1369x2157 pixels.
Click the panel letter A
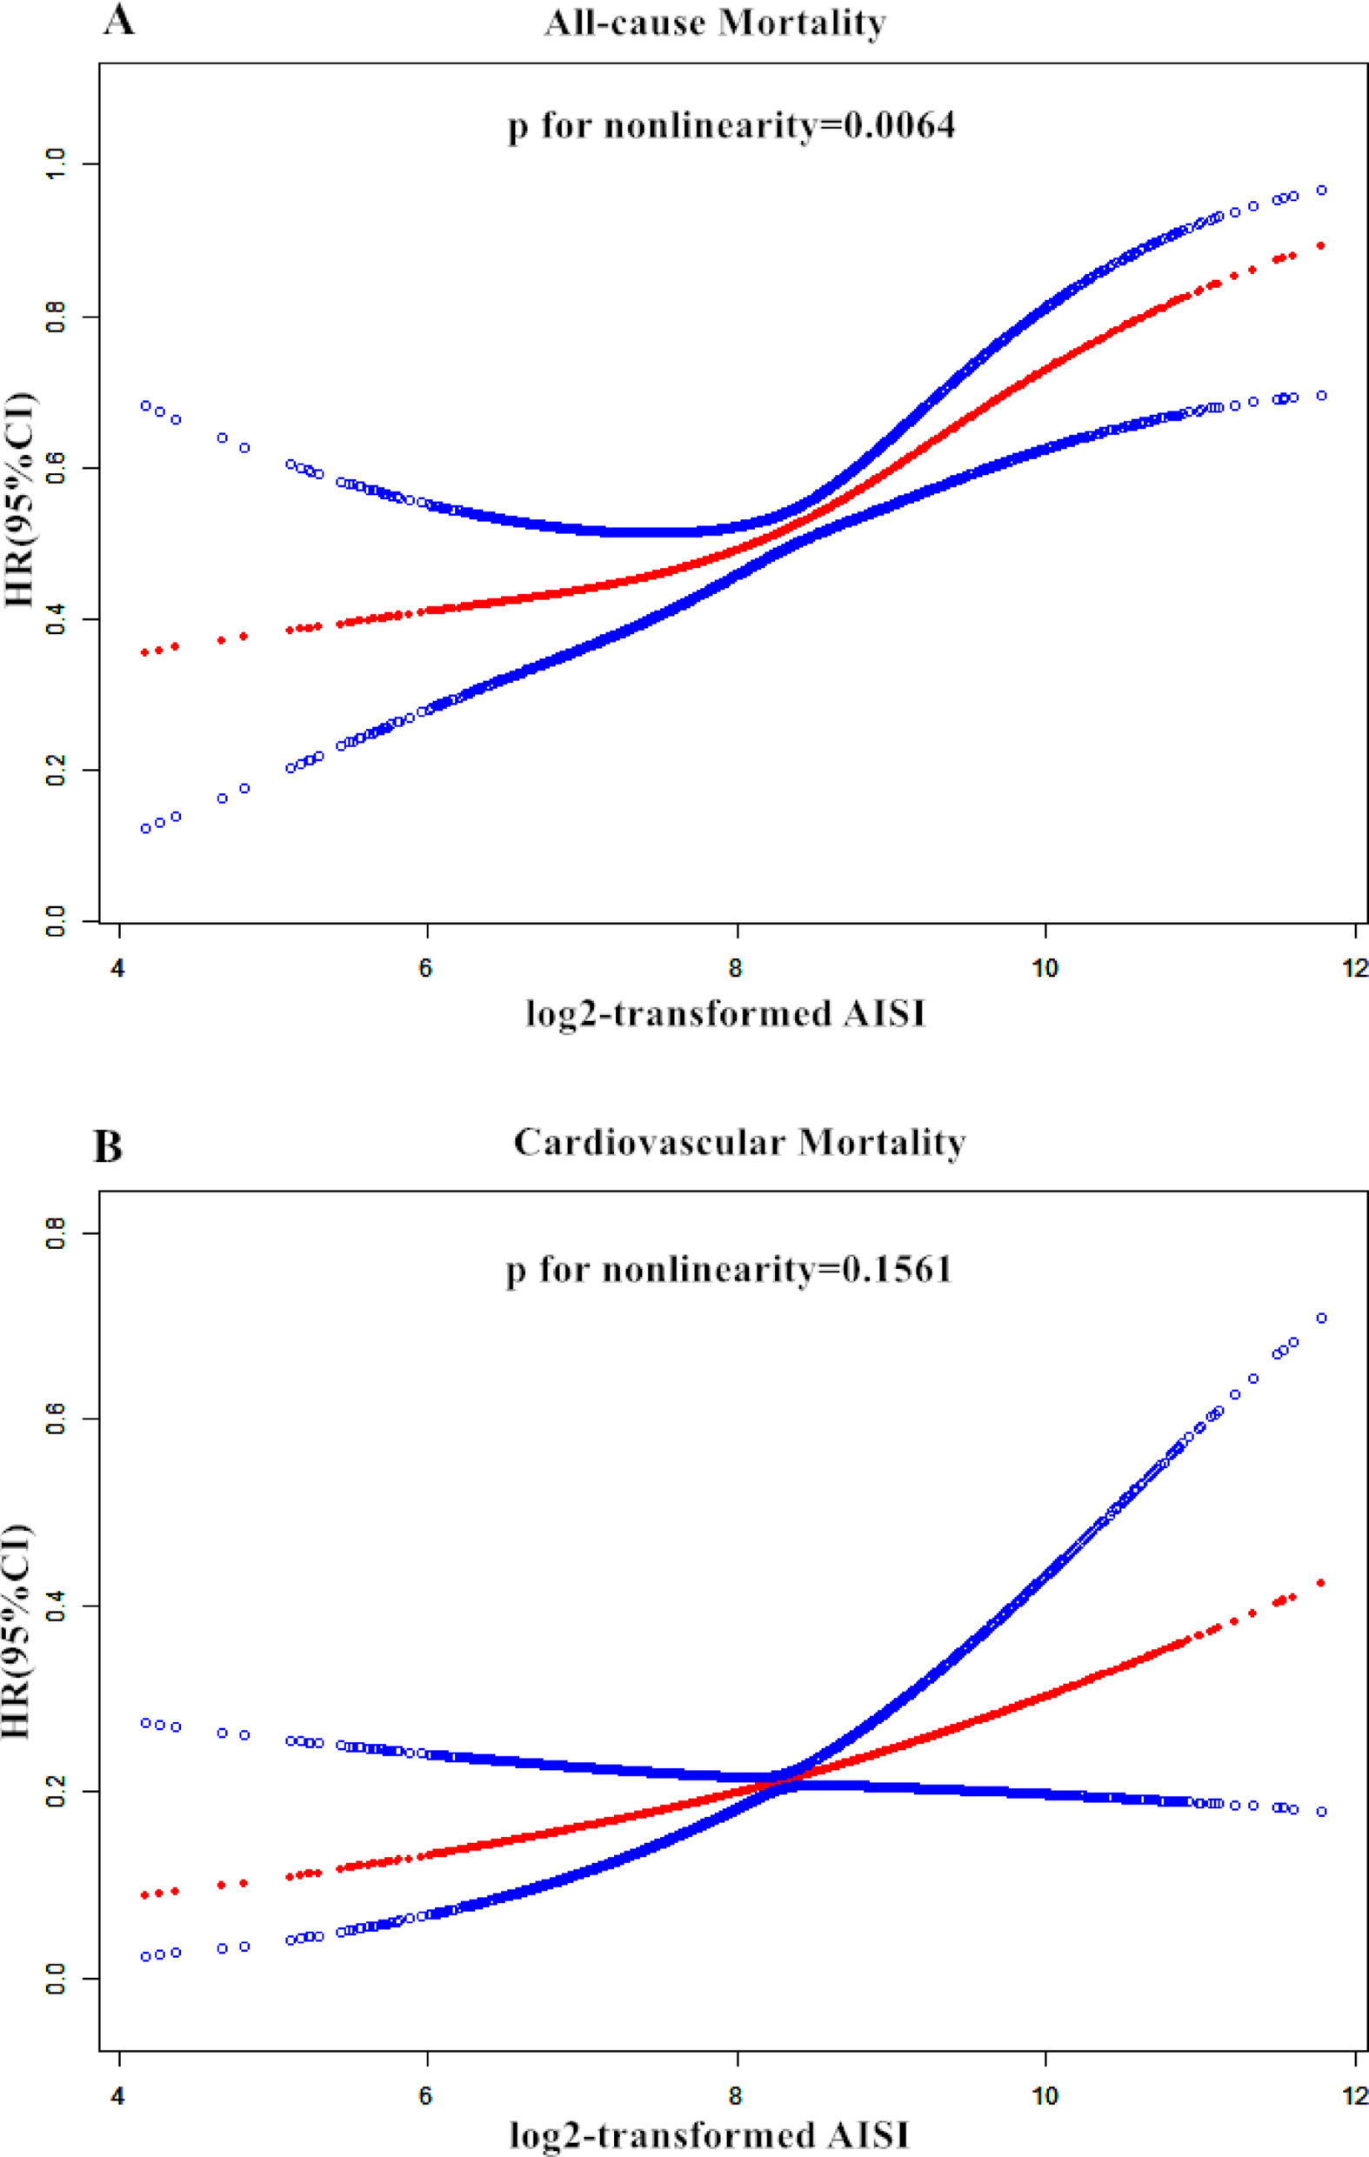118,20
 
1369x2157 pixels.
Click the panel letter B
108,1146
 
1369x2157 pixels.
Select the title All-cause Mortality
715,23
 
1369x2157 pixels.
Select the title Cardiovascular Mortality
739,1143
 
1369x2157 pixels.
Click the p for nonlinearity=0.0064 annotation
731,125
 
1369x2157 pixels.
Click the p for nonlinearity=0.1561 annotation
728,1270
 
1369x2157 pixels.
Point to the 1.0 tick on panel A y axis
56,164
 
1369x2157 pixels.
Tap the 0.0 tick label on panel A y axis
56,920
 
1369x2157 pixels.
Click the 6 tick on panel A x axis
425,968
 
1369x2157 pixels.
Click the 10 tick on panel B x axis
1045,2096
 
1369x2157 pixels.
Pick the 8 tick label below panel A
736,968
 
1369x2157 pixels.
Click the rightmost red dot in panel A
1320,245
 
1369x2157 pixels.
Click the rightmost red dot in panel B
1320,1583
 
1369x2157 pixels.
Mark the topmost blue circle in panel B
1320,1318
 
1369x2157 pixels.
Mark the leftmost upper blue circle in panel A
145,406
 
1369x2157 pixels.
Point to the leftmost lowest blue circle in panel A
145,829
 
